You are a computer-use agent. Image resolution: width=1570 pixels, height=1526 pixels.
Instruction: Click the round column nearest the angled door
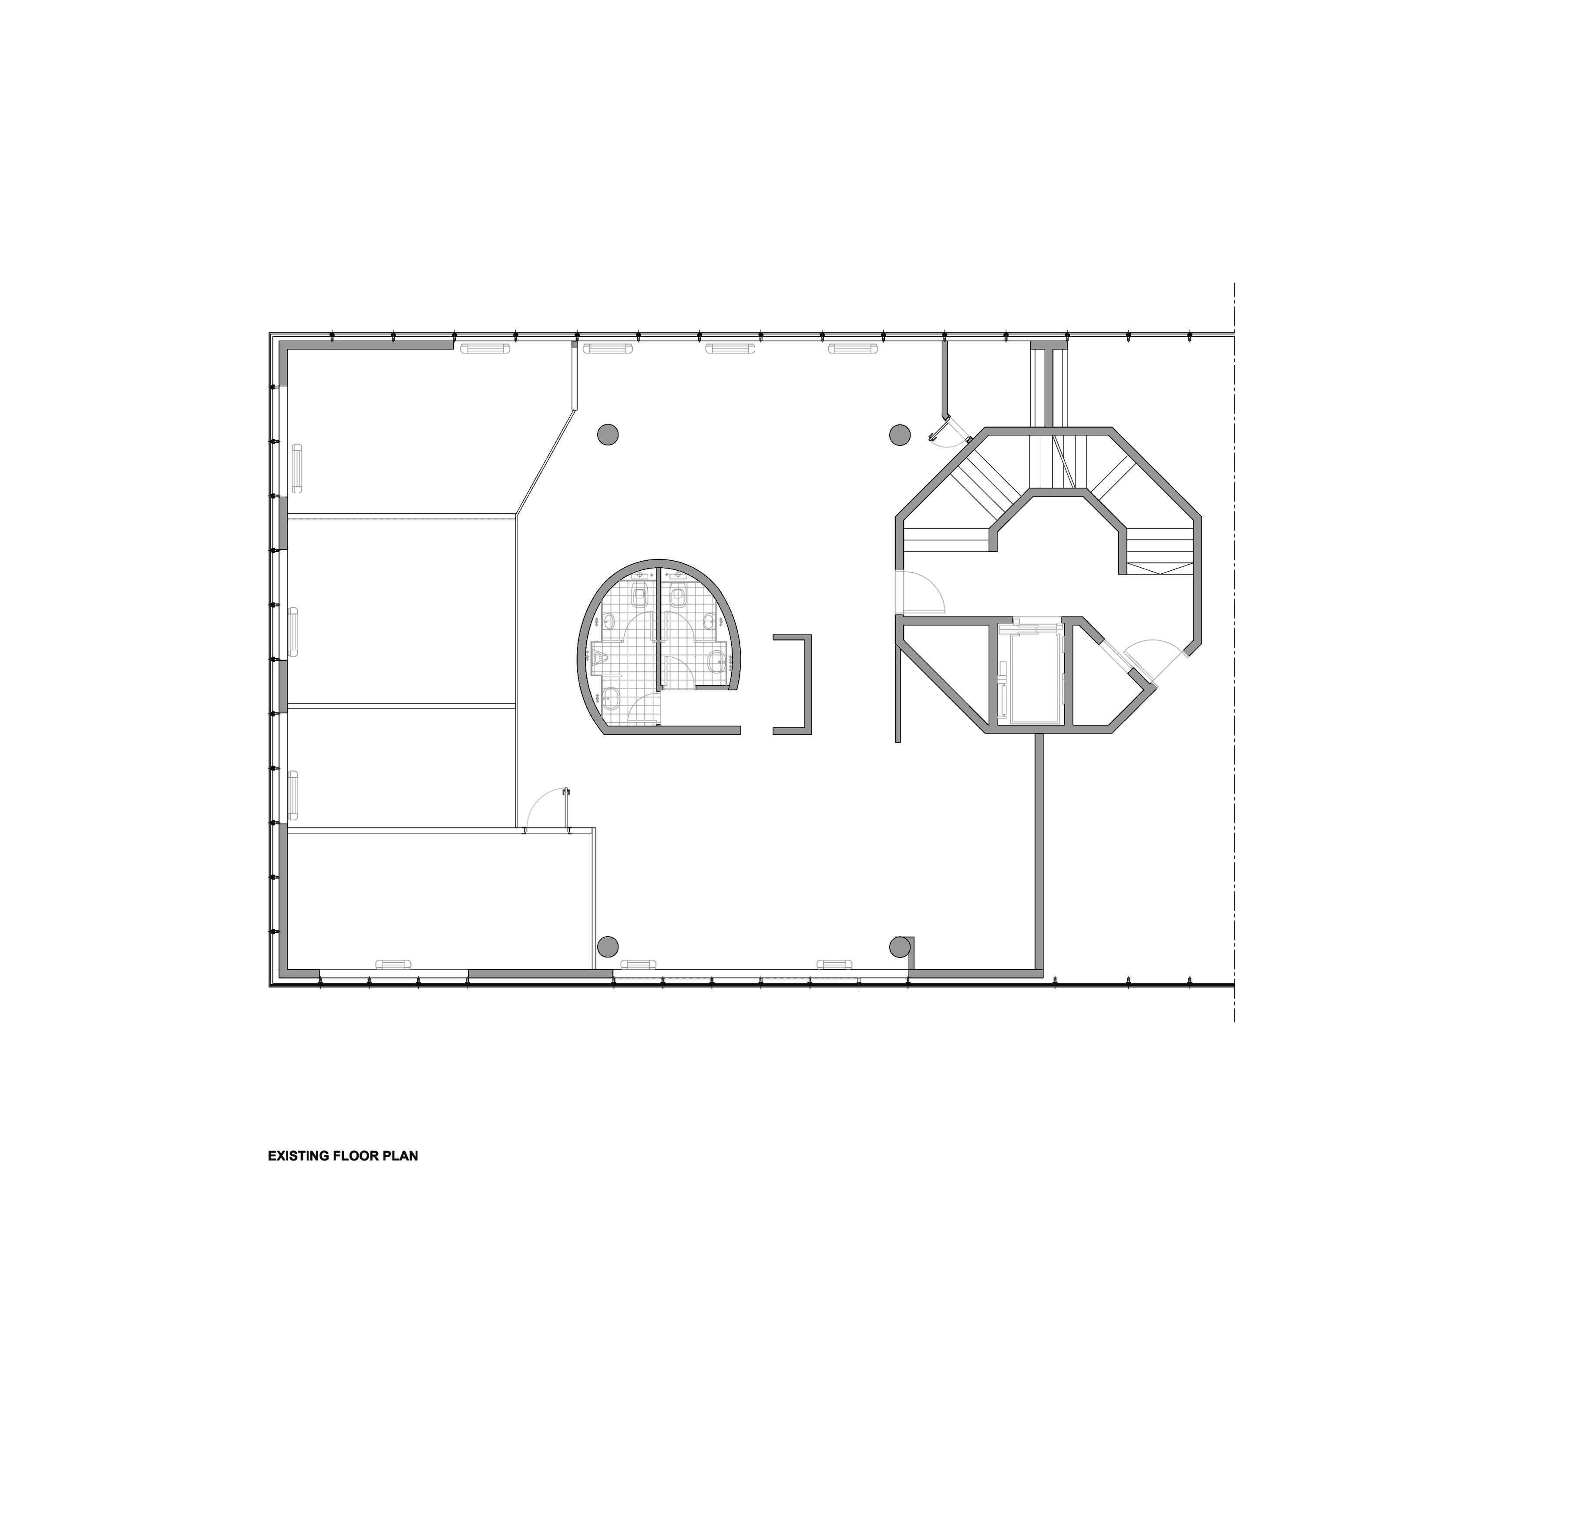[900, 435]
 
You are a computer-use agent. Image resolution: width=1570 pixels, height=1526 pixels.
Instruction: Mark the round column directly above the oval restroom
[608, 435]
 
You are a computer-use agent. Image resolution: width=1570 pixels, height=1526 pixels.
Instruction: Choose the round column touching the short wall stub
[900, 947]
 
